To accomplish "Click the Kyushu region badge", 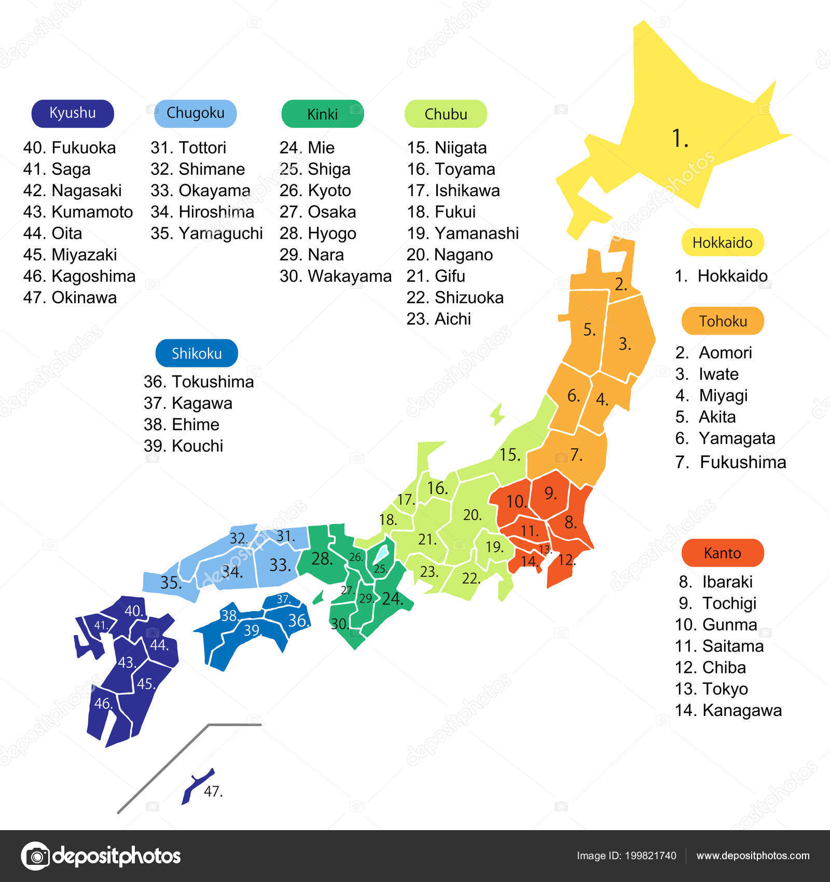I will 73,113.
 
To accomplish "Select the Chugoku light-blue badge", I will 196,113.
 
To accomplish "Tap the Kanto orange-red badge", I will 722,553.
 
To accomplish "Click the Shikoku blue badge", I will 197,353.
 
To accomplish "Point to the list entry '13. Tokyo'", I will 711,688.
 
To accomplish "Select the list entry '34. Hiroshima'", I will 202,212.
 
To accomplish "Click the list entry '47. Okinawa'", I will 70,297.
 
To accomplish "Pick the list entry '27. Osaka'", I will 317,212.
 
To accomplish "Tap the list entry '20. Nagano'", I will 449,254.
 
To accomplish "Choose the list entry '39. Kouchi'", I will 183,446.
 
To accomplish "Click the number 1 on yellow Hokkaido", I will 680,139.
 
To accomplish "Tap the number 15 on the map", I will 509,454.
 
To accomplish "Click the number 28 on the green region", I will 322,558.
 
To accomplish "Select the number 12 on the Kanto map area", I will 566,559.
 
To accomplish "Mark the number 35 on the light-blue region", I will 171,582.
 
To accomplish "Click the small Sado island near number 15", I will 497,414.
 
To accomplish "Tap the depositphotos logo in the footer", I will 101,856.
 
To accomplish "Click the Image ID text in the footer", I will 626,856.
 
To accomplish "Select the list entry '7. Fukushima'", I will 730,462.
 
